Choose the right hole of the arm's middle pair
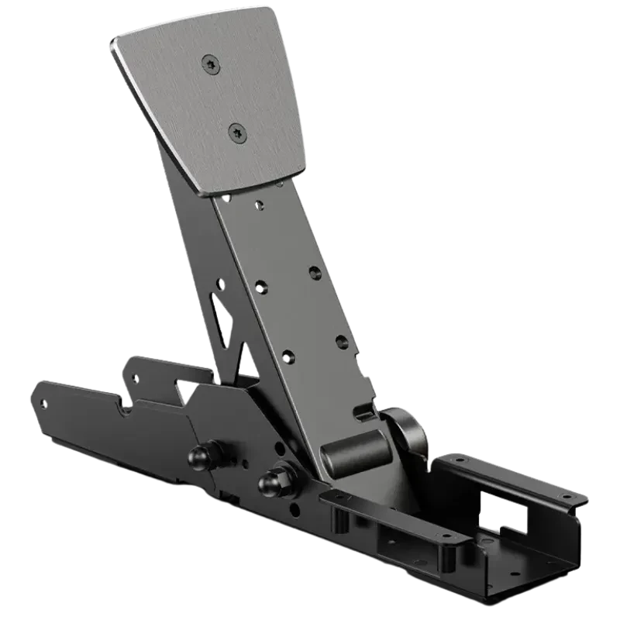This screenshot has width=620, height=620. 314,272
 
